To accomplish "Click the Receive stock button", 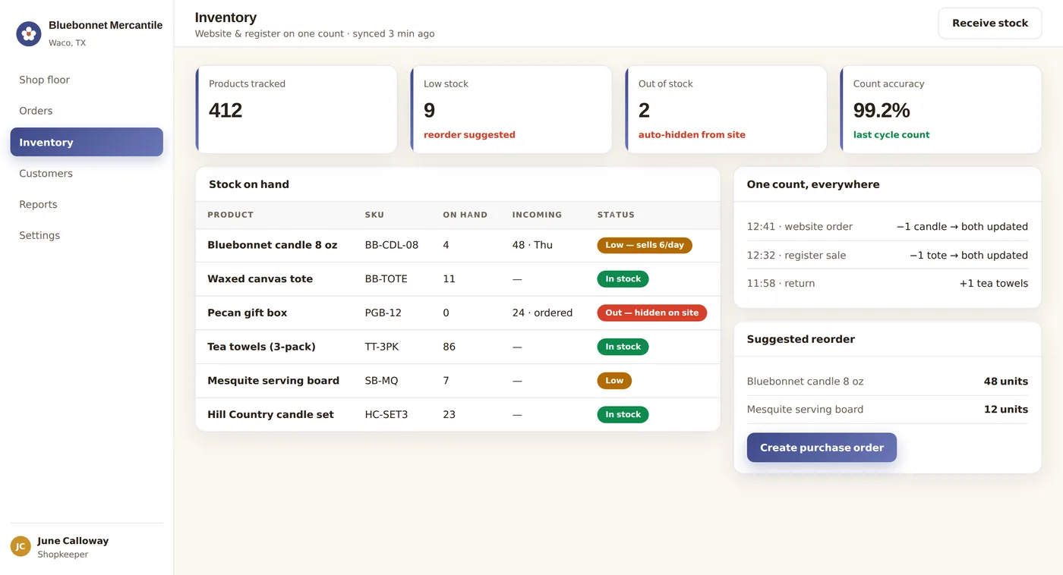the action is point(990,24).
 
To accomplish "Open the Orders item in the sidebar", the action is point(36,111).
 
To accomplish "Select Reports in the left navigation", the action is point(38,204).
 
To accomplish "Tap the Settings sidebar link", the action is point(39,236).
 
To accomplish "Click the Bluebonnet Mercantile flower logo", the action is point(29,33).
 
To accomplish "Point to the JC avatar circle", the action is point(21,547).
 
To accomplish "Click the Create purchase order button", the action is point(822,448).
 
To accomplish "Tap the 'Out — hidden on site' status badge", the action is point(651,313).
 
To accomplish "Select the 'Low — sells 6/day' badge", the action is point(645,245).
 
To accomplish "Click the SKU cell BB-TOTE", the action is point(386,278).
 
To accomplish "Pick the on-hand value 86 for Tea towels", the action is point(449,347).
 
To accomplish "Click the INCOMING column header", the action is point(537,215).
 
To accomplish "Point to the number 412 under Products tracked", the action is point(226,111).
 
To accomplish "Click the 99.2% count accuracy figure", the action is point(882,111).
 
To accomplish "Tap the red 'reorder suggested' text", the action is point(469,134).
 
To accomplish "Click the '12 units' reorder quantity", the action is point(1005,409).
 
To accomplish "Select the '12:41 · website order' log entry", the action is point(800,227).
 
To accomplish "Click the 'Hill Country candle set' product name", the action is point(270,414).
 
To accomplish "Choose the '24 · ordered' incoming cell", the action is point(542,313).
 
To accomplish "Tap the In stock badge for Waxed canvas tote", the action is point(623,278).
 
